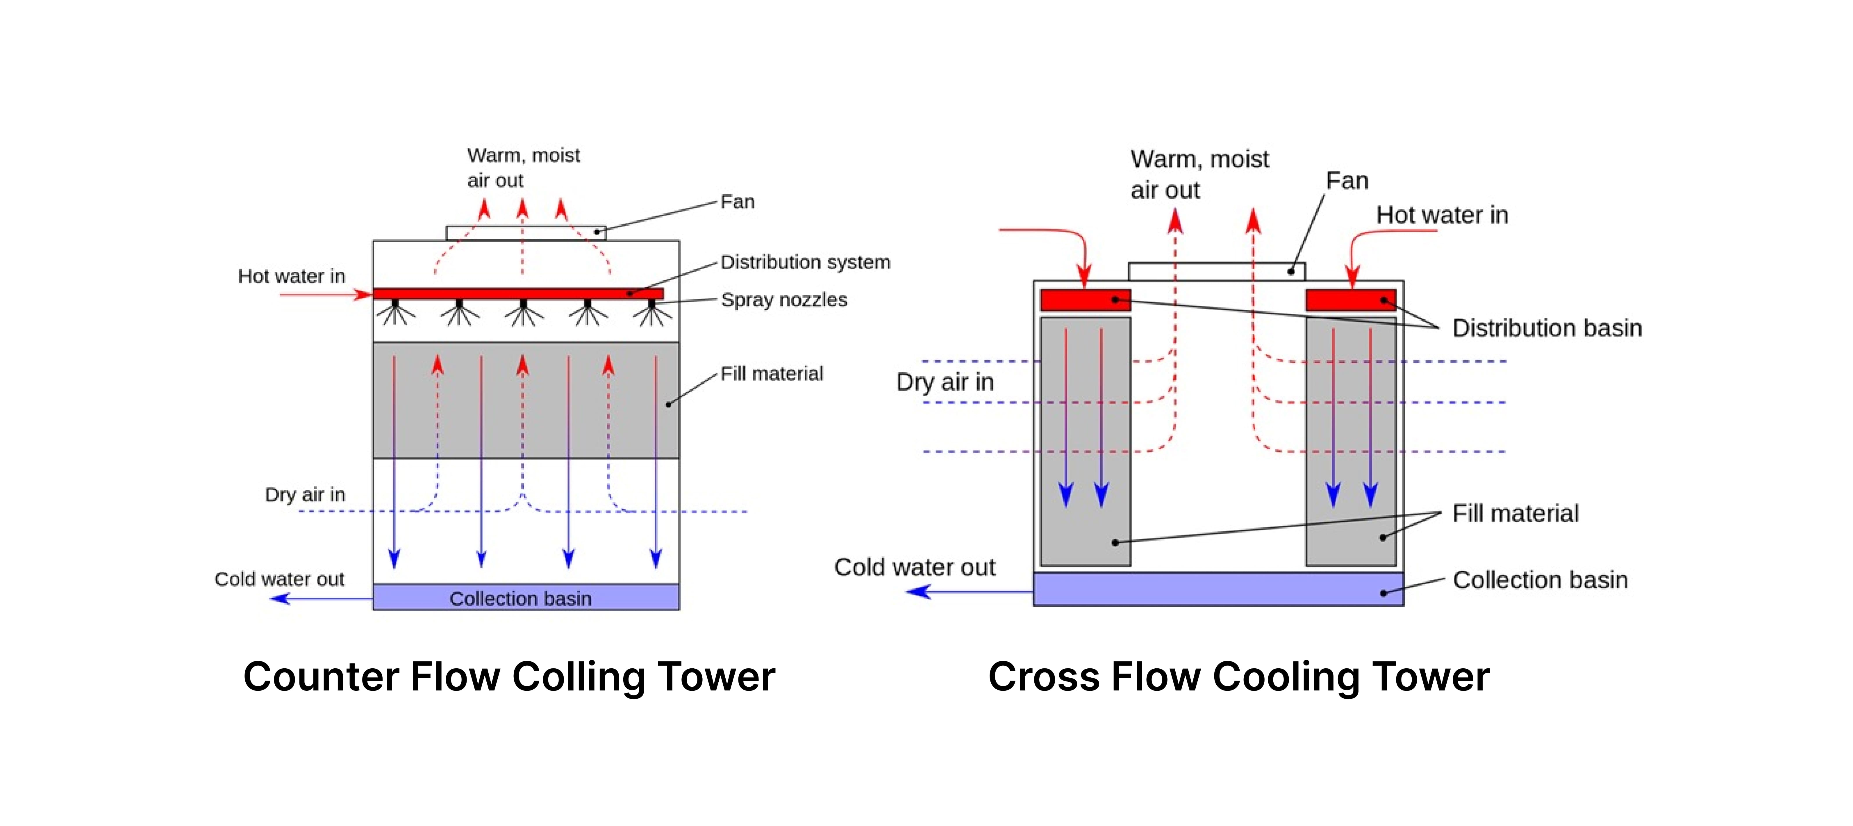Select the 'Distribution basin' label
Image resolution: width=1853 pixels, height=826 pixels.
(x=1547, y=328)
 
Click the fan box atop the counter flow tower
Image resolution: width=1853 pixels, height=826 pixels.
(x=525, y=232)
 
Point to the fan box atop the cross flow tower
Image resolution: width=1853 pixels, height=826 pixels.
(x=1216, y=271)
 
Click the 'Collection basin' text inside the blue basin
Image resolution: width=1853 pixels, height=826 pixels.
(x=520, y=599)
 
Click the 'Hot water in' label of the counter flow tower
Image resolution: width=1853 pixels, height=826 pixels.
(x=291, y=276)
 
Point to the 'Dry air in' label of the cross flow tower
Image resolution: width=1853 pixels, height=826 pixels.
(x=945, y=382)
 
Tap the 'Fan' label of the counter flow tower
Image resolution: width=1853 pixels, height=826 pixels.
(x=737, y=202)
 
